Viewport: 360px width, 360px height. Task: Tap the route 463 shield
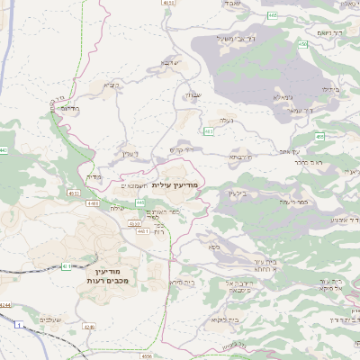(x=208, y=131)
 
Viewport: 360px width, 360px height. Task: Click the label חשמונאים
(x=134, y=184)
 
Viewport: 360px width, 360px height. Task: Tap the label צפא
(x=213, y=247)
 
